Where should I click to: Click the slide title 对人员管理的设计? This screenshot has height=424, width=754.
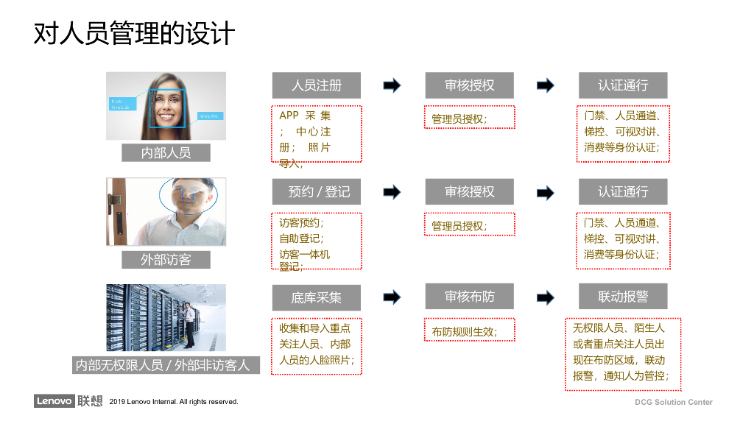[x=134, y=34]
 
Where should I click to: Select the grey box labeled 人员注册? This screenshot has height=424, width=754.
[x=317, y=85]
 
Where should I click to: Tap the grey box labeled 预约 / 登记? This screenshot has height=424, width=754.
[x=317, y=192]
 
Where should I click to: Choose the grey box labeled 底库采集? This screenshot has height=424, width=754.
[x=317, y=297]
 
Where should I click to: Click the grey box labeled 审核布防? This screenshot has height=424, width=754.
[x=470, y=297]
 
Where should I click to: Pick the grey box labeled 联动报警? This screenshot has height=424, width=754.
[x=623, y=297]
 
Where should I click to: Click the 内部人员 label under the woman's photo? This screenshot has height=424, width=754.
[x=166, y=153]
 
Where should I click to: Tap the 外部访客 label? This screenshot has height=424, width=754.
[x=166, y=260]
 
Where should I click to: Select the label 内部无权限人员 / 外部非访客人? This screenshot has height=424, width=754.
[x=166, y=365]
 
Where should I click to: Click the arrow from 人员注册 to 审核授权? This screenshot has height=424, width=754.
[x=392, y=85]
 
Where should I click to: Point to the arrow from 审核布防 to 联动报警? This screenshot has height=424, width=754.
[x=546, y=297]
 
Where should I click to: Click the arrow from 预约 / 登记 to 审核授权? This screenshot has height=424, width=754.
[x=392, y=192]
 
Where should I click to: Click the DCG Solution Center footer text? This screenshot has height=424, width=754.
[x=674, y=402]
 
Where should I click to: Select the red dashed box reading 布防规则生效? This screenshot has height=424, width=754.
[x=469, y=330]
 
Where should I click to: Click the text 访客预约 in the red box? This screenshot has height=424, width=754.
[x=300, y=222]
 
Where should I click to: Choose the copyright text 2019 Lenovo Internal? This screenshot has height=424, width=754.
[x=174, y=402]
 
